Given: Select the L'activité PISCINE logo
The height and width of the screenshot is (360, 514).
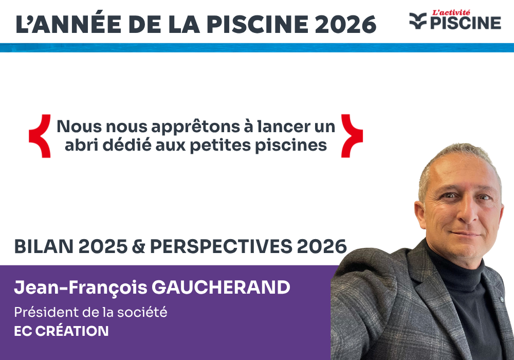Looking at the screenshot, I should tap(455, 20).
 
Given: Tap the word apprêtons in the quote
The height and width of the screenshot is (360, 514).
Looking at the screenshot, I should tap(181, 127).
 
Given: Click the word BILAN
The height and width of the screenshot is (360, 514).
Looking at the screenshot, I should tap(43, 247).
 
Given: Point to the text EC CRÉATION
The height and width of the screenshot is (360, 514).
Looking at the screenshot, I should tap(61, 331).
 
